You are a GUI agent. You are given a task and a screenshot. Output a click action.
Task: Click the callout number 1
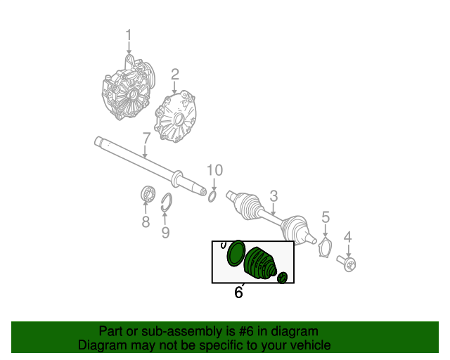coord(128,35)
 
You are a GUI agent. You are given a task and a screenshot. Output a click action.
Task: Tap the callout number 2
coord(175,75)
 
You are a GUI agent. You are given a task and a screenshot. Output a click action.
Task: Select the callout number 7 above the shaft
coord(146,139)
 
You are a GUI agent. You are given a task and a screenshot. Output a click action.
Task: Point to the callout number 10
coord(215,170)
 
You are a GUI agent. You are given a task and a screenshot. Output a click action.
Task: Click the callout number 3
coord(274,195)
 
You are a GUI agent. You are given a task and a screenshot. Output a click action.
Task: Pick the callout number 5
coord(326,217)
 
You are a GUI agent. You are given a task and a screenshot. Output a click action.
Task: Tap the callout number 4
coord(347,238)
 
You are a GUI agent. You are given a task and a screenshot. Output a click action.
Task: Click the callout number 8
coord(146,222)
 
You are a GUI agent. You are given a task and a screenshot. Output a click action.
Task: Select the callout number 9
coord(165,232)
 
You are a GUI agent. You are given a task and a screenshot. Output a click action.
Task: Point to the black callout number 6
coord(238,292)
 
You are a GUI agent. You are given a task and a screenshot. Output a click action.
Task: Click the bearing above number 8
coord(148,194)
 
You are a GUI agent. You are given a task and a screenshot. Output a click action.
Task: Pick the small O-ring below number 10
coord(212,197)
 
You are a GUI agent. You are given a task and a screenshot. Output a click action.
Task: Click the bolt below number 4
coord(347,263)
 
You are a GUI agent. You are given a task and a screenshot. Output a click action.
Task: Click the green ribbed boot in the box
coord(260,263)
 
